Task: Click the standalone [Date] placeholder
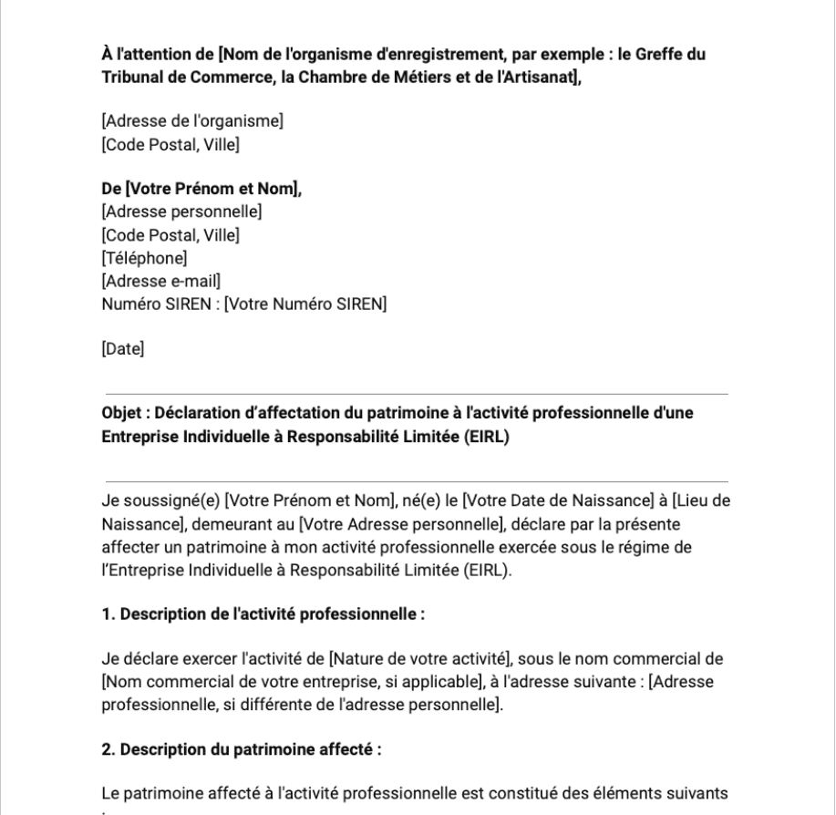[x=123, y=347]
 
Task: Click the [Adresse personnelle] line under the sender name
[x=181, y=212]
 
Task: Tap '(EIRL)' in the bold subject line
[x=481, y=436]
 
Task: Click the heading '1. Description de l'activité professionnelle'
[x=263, y=614]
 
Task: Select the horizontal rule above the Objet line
[x=416, y=394]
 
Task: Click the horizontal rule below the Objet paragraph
[x=416, y=480]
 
